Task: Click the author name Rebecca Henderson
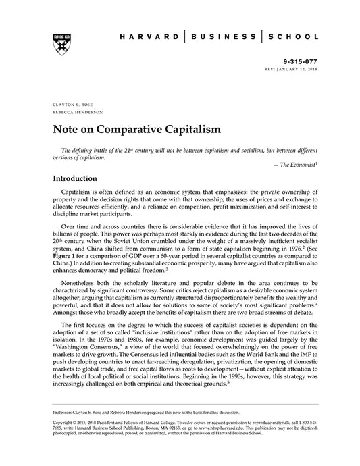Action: pyautogui.click(x=73, y=113)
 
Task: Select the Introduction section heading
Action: pyautogui.click(x=79, y=180)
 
